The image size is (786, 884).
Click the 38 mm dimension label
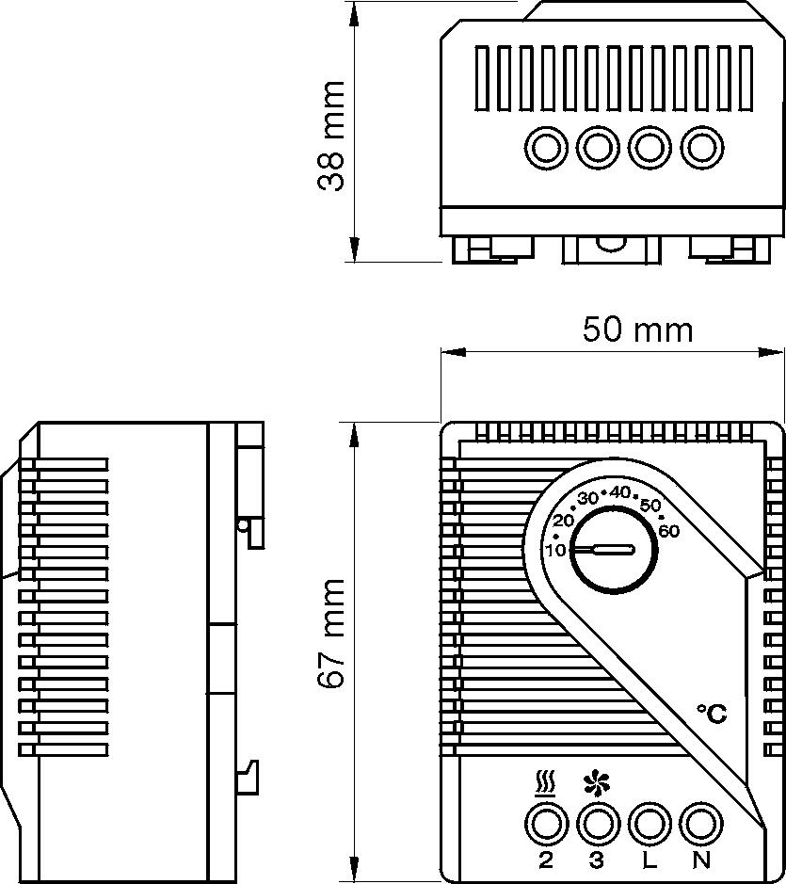click(x=331, y=137)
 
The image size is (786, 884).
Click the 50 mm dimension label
click(x=636, y=329)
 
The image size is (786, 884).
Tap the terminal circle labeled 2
click(x=545, y=825)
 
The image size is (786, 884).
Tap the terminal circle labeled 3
click(x=595, y=825)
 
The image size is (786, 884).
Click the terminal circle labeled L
click(x=647, y=825)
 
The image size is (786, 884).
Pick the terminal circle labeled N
click(x=698, y=825)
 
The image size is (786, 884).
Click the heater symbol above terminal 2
click(x=545, y=783)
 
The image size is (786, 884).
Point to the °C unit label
click(x=712, y=714)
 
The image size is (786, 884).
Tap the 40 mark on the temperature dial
click(x=619, y=491)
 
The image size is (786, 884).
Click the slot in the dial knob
click(x=602, y=549)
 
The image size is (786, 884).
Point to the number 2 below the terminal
click(x=545, y=860)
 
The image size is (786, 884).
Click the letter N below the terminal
click(x=699, y=860)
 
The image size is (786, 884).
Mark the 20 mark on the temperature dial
click(x=564, y=521)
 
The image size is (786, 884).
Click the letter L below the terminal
click(x=648, y=860)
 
